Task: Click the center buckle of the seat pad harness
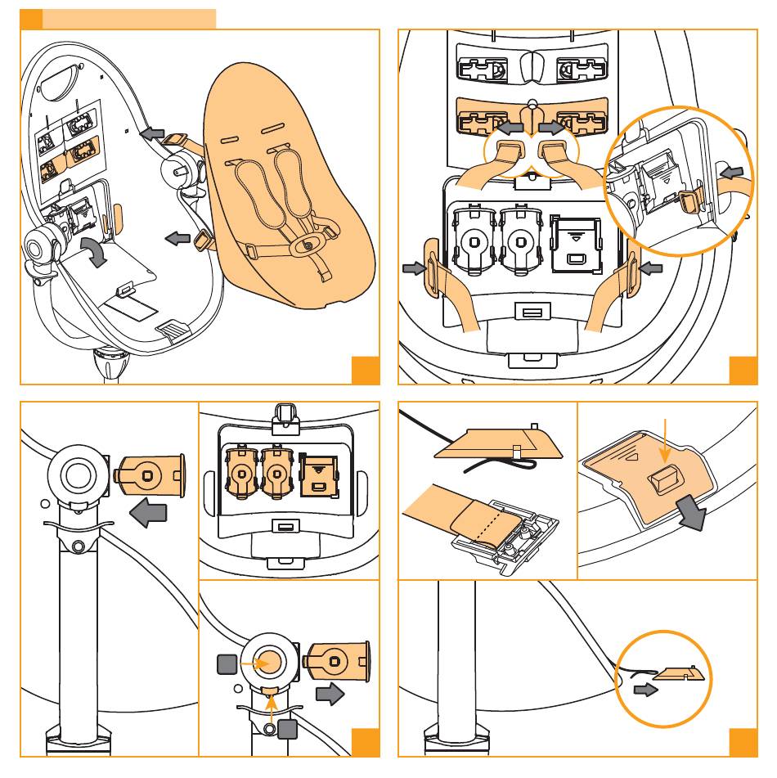[308, 244]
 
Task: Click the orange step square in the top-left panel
[365, 370]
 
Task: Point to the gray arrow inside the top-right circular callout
[732, 173]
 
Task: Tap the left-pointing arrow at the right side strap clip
[650, 268]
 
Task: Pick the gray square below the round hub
[286, 728]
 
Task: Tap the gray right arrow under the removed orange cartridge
[329, 695]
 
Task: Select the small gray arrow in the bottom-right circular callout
[645, 690]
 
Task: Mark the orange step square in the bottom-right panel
[743, 742]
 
